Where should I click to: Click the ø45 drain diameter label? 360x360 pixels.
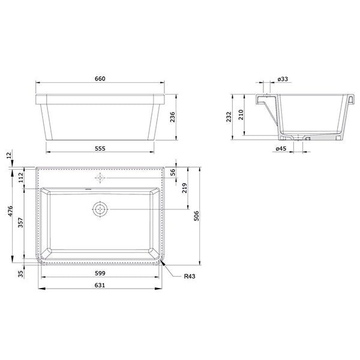click(280, 149)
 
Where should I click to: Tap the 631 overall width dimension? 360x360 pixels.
click(100, 285)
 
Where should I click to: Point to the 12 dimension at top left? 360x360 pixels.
click(8, 155)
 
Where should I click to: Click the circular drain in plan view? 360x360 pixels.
click(100, 209)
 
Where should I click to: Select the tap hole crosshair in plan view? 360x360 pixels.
click(100, 178)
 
